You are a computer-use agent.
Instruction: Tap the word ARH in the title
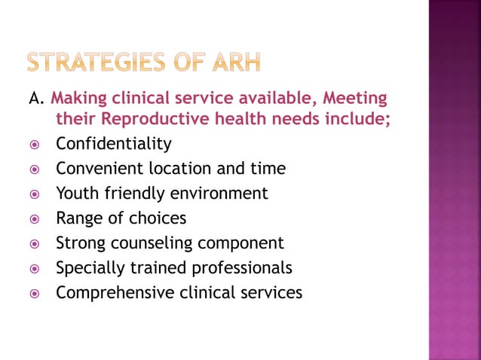point(234,63)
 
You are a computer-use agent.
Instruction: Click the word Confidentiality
point(114,143)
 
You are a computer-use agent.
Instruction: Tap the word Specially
point(89,267)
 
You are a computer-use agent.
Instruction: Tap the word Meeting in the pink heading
point(356,99)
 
